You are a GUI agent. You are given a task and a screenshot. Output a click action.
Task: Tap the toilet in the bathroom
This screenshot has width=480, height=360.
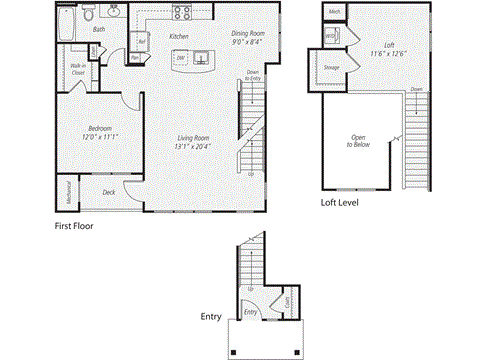click(90, 15)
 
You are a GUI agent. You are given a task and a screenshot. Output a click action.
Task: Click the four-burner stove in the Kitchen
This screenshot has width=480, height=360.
click(183, 13)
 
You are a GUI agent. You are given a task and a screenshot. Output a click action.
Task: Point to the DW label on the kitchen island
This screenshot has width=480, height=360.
click(180, 58)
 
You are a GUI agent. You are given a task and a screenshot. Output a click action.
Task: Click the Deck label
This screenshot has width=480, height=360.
click(109, 192)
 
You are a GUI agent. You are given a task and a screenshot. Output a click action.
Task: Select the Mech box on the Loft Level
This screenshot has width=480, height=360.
click(333, 13)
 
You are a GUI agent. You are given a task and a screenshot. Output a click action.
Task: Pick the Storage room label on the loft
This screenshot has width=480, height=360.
click(331, 68)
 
